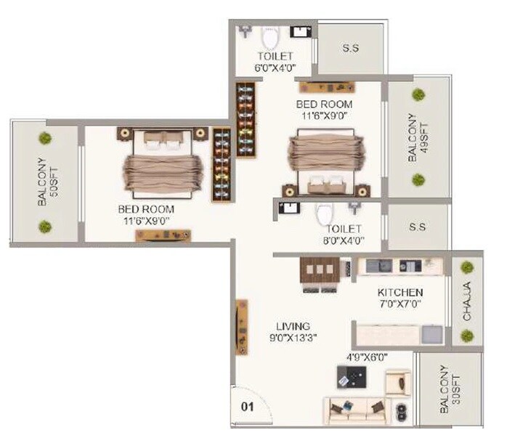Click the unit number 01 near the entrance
coord(247,407)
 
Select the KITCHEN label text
coord(399,293)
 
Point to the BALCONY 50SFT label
coord(44,182)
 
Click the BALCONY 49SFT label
coord(412,137)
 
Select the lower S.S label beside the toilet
coord(417,227)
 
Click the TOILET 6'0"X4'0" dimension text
coord(275,68)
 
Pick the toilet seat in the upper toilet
coord(270,36)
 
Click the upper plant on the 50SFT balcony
coord(45,138)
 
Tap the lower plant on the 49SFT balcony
coord(418,179)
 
